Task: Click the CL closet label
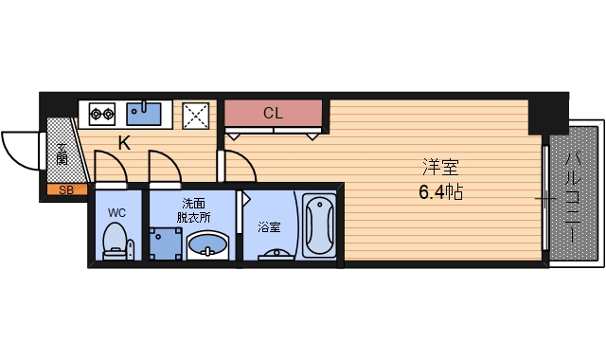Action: point(273,114)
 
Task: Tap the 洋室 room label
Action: point(439,169)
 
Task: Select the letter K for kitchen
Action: point(124,144)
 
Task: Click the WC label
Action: point(116,212)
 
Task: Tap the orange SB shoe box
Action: point(65,190)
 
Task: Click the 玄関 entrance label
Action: point(62,153)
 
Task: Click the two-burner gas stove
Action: point(102,115)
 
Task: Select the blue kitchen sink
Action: point(145,114)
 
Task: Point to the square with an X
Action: point(198,115)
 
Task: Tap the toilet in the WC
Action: point(116,239)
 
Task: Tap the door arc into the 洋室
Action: point(241,166)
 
